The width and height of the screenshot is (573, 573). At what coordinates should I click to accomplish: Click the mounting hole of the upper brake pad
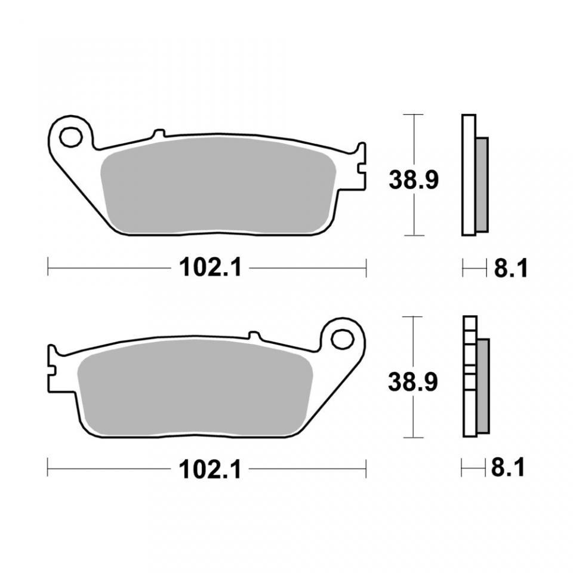(70, 137)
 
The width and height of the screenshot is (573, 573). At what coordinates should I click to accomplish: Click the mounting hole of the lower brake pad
(343, 338)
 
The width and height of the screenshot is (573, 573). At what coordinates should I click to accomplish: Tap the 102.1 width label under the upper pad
(210, 268)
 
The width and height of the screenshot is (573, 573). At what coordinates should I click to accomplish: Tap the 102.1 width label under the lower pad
(210, 469)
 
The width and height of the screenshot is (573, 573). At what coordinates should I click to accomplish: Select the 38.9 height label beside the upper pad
(413, 179)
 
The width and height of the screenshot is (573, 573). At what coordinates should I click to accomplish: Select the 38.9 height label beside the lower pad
(413, 381)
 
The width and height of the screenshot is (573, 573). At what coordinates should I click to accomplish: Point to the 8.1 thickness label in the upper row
(511, 269)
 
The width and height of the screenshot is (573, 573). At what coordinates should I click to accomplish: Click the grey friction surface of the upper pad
(218, 186)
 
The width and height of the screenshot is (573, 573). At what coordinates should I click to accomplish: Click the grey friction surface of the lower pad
(195, 388)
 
